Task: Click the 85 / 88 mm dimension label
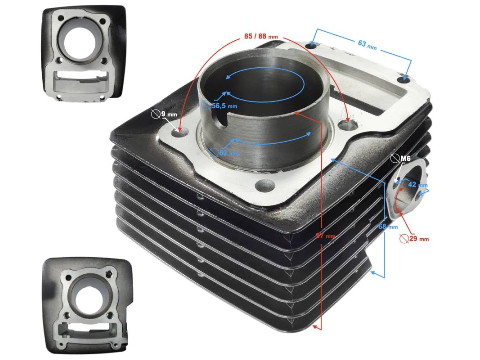[261, 37]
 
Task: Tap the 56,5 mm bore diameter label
[223, 106]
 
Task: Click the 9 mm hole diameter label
[169, 115]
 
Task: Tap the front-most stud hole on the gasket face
[263, 186]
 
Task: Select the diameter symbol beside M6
[395, 159]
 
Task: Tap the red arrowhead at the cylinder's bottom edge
[316, 327]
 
